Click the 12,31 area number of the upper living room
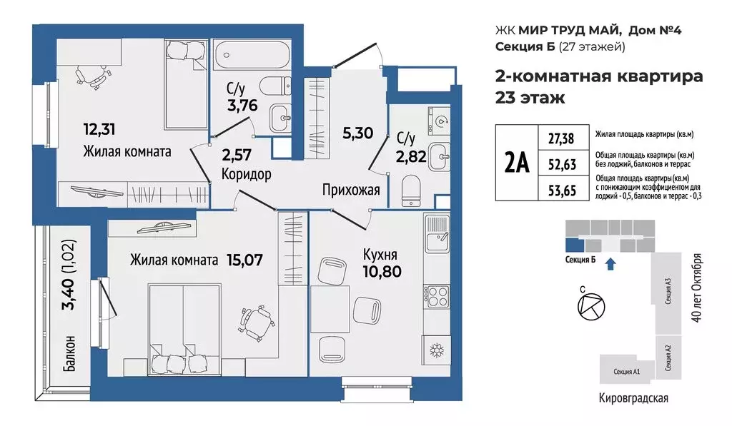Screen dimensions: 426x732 point(98,129)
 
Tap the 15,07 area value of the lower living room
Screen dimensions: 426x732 point(242,260)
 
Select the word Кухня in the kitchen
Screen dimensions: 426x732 point(380,254)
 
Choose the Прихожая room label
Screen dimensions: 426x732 point(350,191)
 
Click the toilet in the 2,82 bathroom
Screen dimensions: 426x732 point(412,189)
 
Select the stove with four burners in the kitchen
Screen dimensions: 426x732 point(435,295)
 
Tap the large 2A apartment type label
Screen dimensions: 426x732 point(516,163)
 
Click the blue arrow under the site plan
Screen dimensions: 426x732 point(608,265)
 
